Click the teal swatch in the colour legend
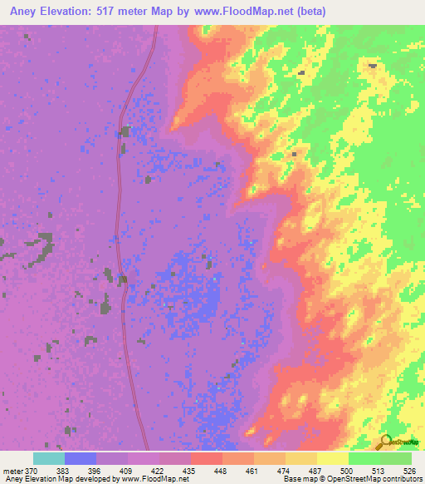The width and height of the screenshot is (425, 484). (x=49, y=458)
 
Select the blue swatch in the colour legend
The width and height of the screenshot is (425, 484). (x=81, y=458)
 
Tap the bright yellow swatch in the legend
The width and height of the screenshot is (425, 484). (x=333, y=458)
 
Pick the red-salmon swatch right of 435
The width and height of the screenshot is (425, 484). (x=207, y=458)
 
